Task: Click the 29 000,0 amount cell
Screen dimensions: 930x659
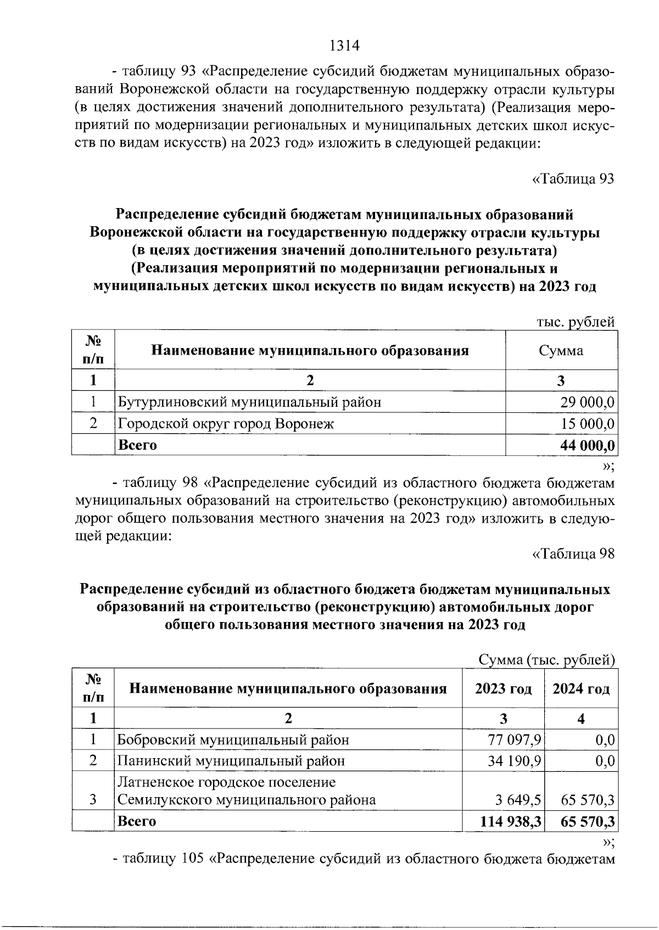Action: click(x=587, y=402)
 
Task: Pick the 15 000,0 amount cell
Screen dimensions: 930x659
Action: click(x=587, y=424)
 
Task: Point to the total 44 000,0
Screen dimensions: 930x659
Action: click(x=587, y=445)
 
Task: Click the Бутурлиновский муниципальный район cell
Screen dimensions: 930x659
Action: click(x=250, y=402)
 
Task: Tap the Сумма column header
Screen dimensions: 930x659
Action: click(x=561, y=351)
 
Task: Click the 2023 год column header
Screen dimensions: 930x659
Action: click(x=504, y=689)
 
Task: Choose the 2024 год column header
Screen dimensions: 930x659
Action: click(x=581, y=689)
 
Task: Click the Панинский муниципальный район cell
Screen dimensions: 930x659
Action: click(x=232, y=761)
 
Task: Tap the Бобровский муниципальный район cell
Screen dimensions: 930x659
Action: click(x=233, y=740)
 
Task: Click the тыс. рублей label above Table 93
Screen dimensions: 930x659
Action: click(x=575, y=323)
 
